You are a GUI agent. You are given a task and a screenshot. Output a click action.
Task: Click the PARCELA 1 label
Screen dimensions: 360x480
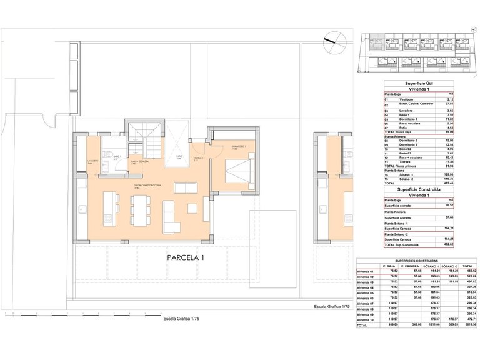186,257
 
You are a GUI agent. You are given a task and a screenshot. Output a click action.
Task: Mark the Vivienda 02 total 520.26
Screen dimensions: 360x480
466,276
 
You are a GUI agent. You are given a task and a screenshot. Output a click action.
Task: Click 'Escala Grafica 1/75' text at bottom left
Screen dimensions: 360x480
185,318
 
